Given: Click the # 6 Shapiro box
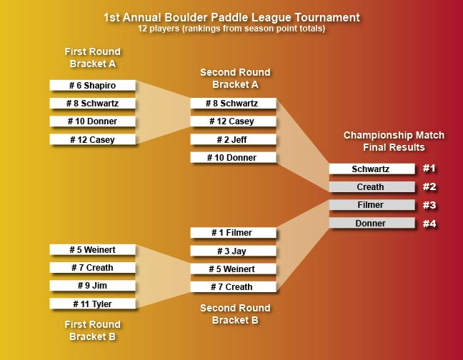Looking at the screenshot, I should pyautogui.click(x=92, y=85).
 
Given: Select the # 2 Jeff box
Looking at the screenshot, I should pyautogui.click(x=232, y=139).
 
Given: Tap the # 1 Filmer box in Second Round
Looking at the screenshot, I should pyautogui.click(x=232, y=233).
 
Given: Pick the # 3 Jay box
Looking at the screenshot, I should pyautogui.click(x=232, y=251).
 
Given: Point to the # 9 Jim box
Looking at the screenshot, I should pyautogui.click(x=92, y=286).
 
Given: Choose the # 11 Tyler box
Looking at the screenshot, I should pyautogui.click(x=92, y=304).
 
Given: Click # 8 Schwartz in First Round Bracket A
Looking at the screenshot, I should pyautogui.click(x=92, y=104).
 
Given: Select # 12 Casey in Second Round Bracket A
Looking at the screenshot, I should pyautogui.click(x=232, y=121).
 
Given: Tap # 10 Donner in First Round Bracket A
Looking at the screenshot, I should pyautogui.click(x=92, y=121).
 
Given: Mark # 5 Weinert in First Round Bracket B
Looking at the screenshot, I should pyautogui.click(x=92, y=250).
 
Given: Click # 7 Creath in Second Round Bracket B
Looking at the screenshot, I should pyautogui.click(x=232, y=287).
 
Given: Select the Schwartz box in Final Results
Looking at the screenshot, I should pyautogui.click(x=372, y=169).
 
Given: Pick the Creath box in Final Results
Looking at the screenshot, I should pyautogui.click(x=372, y=187).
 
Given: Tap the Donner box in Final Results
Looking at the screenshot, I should pyautogui.click(x=372, y=224).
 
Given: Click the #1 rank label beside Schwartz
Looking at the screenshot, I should pyautogui.click(x=429, y=169).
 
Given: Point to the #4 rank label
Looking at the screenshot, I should pyautogui.click(x=429, y=224).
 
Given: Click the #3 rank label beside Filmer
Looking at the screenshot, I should pyautogui.click(x=429, y=205).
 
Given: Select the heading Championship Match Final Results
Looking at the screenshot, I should pyautogui.click(x=394, y=141).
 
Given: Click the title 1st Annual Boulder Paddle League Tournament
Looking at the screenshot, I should pyautogui.click(x=231, y=17).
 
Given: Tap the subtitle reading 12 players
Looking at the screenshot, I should pyautogui.click(x=231, y=29).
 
